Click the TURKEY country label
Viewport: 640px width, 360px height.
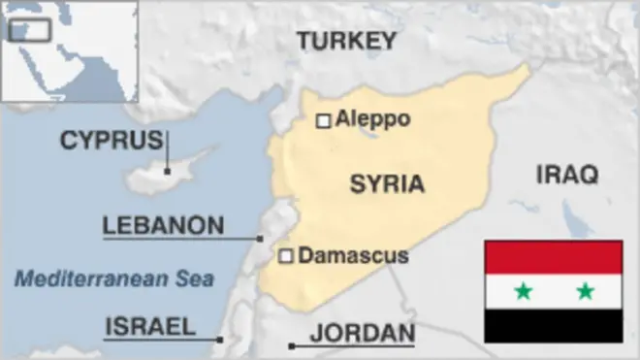point(346,40)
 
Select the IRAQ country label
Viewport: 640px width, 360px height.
point(567,175)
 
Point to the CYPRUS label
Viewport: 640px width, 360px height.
point(111,141)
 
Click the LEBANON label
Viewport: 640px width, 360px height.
point(163,226)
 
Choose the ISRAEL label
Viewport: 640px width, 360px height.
point(149,325)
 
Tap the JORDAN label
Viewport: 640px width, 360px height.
point(362,334)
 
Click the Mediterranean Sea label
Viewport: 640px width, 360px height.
point(113,279)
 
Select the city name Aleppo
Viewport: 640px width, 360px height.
point(372,119)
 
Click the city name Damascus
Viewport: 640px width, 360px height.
point(353,256)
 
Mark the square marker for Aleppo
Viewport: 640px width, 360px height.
point(324,120)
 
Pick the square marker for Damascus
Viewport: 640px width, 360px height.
point(286,256)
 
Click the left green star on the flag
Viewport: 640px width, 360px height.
point(523,290)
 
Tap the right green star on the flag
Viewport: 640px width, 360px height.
point(585,290)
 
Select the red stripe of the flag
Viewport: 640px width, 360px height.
point(553,257)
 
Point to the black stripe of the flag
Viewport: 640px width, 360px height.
point(553,326)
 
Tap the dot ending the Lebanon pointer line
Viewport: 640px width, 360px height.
point(260,238)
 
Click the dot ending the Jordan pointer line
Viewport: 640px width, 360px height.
point(292,345)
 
